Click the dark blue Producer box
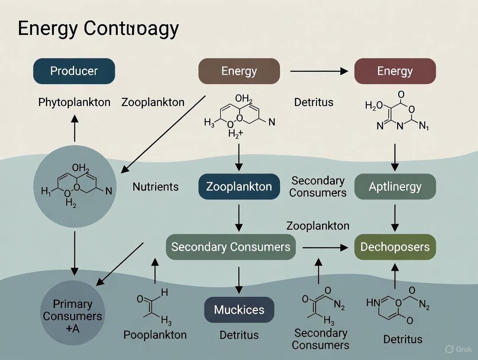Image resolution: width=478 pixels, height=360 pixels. [74, 71]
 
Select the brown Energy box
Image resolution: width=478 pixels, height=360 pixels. [239, 71]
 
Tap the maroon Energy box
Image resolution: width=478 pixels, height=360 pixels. [395, 71]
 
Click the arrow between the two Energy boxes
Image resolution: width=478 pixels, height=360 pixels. [319, 71]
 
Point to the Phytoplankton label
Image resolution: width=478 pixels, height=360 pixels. [74, 103]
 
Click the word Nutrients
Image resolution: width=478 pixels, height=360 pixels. [155, 187]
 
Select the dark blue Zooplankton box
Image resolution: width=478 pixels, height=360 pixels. [239, 186]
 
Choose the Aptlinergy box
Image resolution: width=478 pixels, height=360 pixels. [395, 186]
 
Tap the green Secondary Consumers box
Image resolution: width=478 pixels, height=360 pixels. [231, 247]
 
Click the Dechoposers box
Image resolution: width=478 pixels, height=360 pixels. [395, 247]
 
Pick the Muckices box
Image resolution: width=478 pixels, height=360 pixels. [239, 310]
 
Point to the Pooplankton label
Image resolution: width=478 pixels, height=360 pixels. [155, 335]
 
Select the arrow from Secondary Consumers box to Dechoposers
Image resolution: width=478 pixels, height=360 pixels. [325, 247]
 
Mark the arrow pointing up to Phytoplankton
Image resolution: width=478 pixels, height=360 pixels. [74, 128]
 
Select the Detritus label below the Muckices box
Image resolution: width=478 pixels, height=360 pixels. [239, 335]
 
